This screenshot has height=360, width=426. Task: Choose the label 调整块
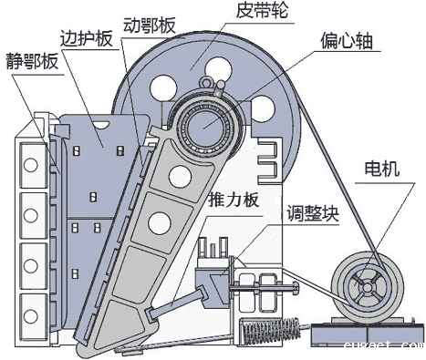point(311,215)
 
